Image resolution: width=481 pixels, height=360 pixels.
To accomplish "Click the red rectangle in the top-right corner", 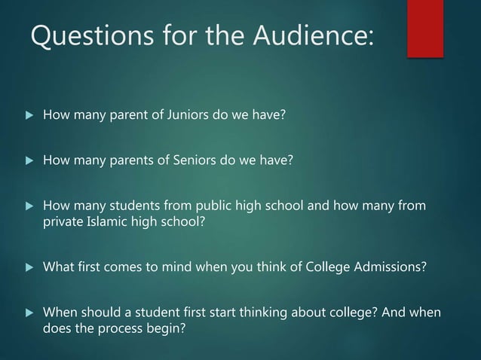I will (x=424, y=28).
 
